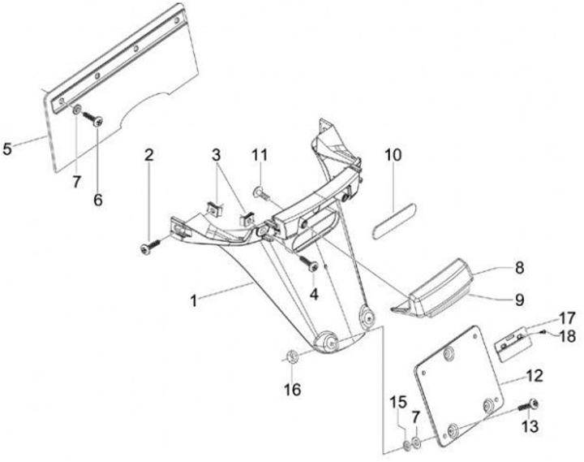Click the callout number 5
(x=9, y=149)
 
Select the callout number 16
(x=292, y=390)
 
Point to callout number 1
(x=194, y=300)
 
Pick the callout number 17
(x=565, y=317)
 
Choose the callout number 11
(x=258, y=154)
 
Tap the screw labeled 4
(x=309, y=263)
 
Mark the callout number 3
(x=217, y=154)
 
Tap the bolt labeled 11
(x=257, y=192)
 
